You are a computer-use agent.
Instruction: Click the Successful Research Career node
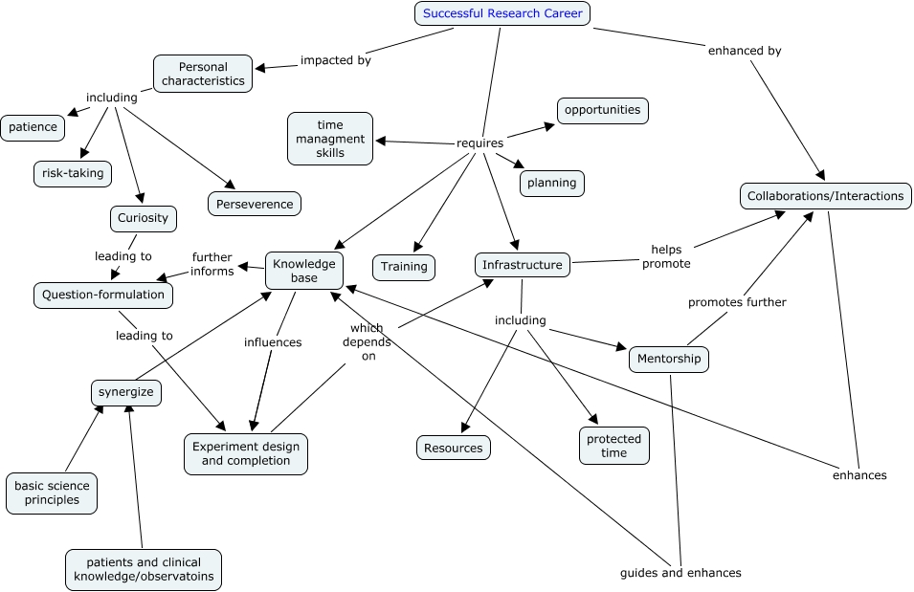(502, 13)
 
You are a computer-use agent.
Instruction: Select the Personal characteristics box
(203, 74)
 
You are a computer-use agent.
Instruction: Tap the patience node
(33, 127)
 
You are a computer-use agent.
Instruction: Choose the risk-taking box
(72, 173)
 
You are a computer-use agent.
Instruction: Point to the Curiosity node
(143, 218)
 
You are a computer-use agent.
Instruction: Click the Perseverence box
(255, 204)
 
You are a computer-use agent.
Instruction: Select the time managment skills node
(330, 139)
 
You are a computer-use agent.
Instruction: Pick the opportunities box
(602, 110)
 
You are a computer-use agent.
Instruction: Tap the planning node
(551, 182)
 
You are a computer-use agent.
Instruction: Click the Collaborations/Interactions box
(825, 196)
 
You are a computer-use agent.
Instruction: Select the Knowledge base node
(303, 271)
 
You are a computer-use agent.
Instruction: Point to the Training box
(404, 267)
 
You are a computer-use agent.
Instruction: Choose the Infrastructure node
(523, 265)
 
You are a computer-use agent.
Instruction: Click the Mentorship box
(668, 360)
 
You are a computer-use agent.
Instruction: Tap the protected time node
(613, 446)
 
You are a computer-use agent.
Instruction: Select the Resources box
(454, 447)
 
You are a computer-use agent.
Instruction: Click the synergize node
(126, 392)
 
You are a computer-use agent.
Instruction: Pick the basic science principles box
(52, 493)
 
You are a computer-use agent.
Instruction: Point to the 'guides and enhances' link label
(680, 573)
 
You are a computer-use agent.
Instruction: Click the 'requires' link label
(480, 143)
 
